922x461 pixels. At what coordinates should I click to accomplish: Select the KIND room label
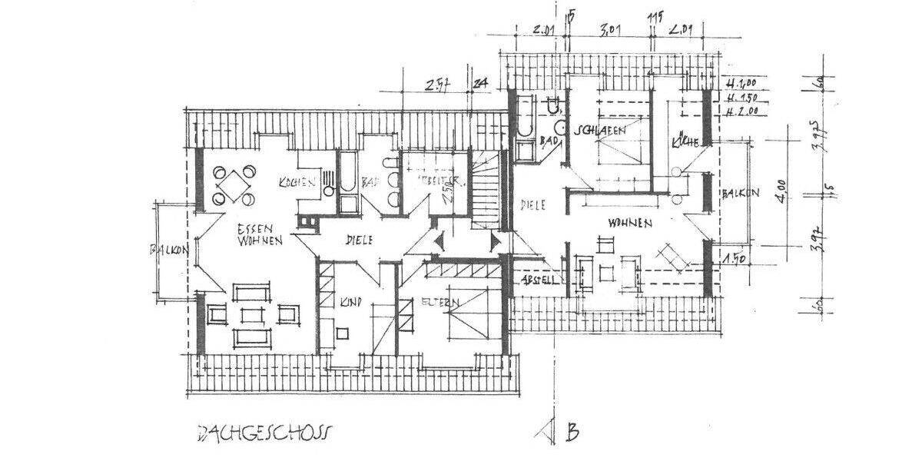coord(350,302)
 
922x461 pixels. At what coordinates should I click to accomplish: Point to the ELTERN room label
coord(439,303)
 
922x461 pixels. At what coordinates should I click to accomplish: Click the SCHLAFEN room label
coord(602,131)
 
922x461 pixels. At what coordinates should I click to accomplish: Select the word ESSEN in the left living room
coord(252,228)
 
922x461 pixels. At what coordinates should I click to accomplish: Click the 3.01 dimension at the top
coord(609,32)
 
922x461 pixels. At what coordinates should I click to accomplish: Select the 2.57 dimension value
coord(437,85)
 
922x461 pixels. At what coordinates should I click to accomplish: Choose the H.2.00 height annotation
coord(742,111)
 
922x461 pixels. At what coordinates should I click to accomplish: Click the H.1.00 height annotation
coord(742,83)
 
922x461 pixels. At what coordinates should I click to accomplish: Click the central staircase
coord(487,192)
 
